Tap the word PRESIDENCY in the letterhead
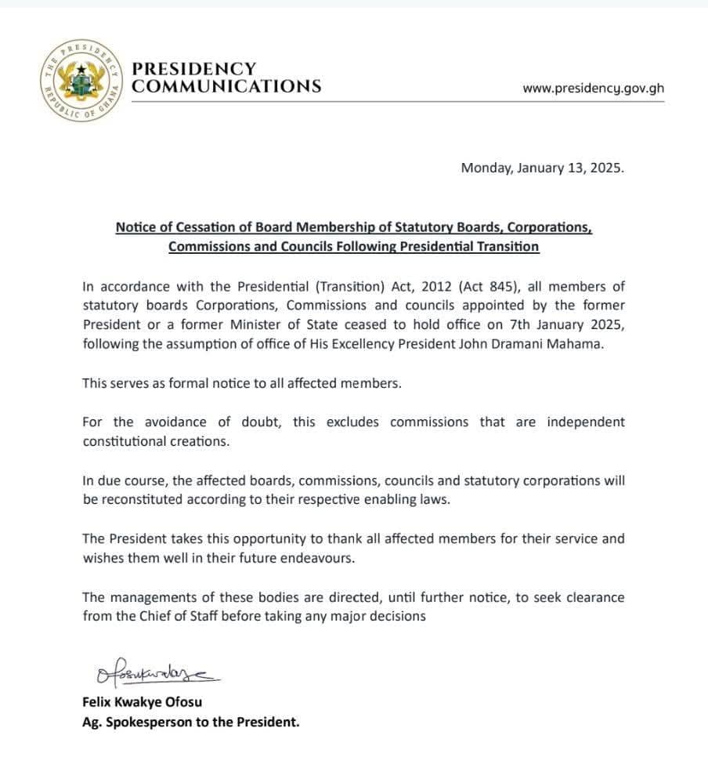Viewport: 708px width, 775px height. (x=194, y=69)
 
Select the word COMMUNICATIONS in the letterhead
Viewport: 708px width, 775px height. (x=226, y=86)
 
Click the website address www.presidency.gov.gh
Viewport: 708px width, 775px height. (x=593, y=88)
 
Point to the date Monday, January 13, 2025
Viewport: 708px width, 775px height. (x=543, y=168)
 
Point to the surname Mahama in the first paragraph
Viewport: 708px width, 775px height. (x=580, y=344)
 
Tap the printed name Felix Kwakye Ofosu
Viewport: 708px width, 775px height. (x=142, y=702)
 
